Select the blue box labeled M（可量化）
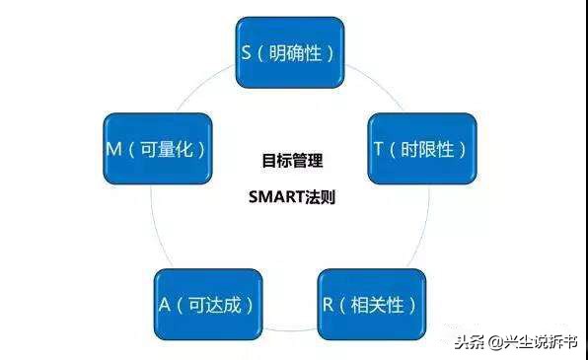coord(157,149)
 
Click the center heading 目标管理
coord(292,159)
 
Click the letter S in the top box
coord(247,50)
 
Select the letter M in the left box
coord(112,149)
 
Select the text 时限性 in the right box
coord(427,149)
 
